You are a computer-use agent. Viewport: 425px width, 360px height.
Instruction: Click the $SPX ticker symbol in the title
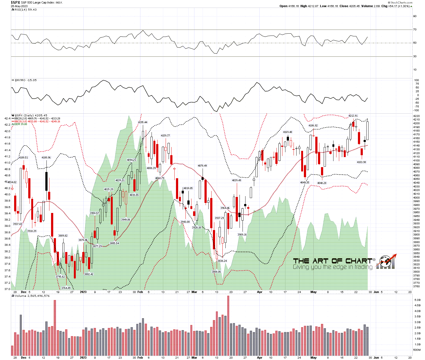(x=15, y=2)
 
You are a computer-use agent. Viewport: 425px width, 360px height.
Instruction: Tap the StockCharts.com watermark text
(x=401, y=2)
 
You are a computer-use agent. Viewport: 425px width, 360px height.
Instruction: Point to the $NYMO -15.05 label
(x=26, y=80)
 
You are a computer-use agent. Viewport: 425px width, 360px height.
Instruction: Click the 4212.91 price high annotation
(x=353, y=116)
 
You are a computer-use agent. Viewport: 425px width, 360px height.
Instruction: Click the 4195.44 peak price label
(x=143, y=122)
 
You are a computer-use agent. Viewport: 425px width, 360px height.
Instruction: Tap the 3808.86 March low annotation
(x=216, y=272)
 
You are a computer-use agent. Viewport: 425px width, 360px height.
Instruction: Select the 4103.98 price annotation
(x=361, y=162)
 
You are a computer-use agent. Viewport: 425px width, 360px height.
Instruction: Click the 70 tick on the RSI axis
(x=415, y=30)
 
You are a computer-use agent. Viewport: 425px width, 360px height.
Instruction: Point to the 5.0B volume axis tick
(x=417, y=300)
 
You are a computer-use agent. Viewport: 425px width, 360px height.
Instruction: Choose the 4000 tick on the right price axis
(x=416, y=197)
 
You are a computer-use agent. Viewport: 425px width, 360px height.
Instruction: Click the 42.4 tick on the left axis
(x=7, y=119)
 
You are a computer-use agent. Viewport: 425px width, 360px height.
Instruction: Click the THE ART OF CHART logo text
(x=332, y=261)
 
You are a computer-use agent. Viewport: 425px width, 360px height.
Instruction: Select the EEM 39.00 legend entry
(x=21, y=124)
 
